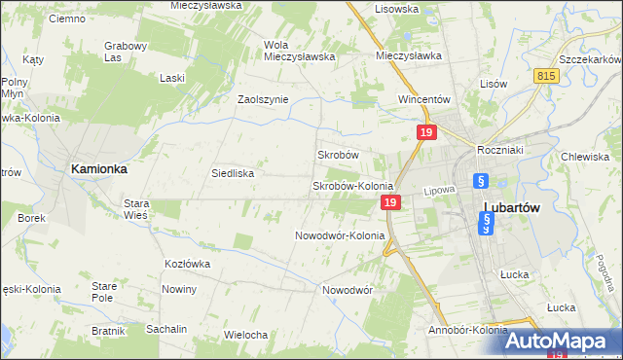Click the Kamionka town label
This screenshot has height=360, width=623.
pyautogui.click(x=99, y=168)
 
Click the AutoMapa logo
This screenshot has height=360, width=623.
pyautogui.click(x=564, y=340)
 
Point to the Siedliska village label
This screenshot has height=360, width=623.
pyautogui.click(x=233, y=173)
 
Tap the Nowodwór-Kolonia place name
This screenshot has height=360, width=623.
pyautogui.click(x=340, y=235)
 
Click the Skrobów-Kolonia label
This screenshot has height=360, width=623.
pyautogui.click(x=351, y=186)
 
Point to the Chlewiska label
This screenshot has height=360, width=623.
pyautogui.click(x=585, y=156)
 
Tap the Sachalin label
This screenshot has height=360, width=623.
pyautogui.click(x=166, y=329)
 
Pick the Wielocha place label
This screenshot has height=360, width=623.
pyautogui.click(x=245, y=335)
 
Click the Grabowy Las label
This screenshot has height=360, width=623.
pyautogui.click(x=126, y=51)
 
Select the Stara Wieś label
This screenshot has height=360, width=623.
pyautogui.click(x=135, y=209)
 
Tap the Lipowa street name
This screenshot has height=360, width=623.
pyautogui.click(x=440, y=190)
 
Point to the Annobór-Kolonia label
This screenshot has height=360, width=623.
pyautogui.click(x=467, y=330)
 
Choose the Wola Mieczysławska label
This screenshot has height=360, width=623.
pyautogui.click(x=300, y=50)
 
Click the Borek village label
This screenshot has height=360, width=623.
pyautogui.click(x=31, y=218)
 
